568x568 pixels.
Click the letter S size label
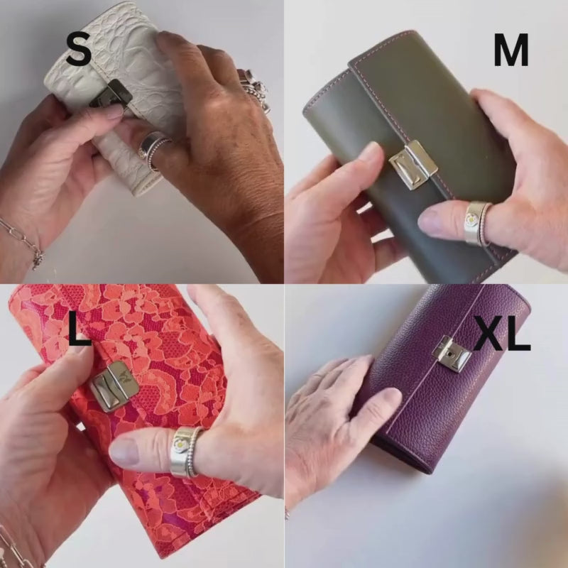(78, 48)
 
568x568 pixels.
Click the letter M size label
(510, 50)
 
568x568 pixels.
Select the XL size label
(503, 332)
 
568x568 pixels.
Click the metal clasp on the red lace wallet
(114, 386)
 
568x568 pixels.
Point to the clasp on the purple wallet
(452, 354)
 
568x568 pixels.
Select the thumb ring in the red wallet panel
(187, 451)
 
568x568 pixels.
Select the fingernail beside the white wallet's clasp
(115, 111)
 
